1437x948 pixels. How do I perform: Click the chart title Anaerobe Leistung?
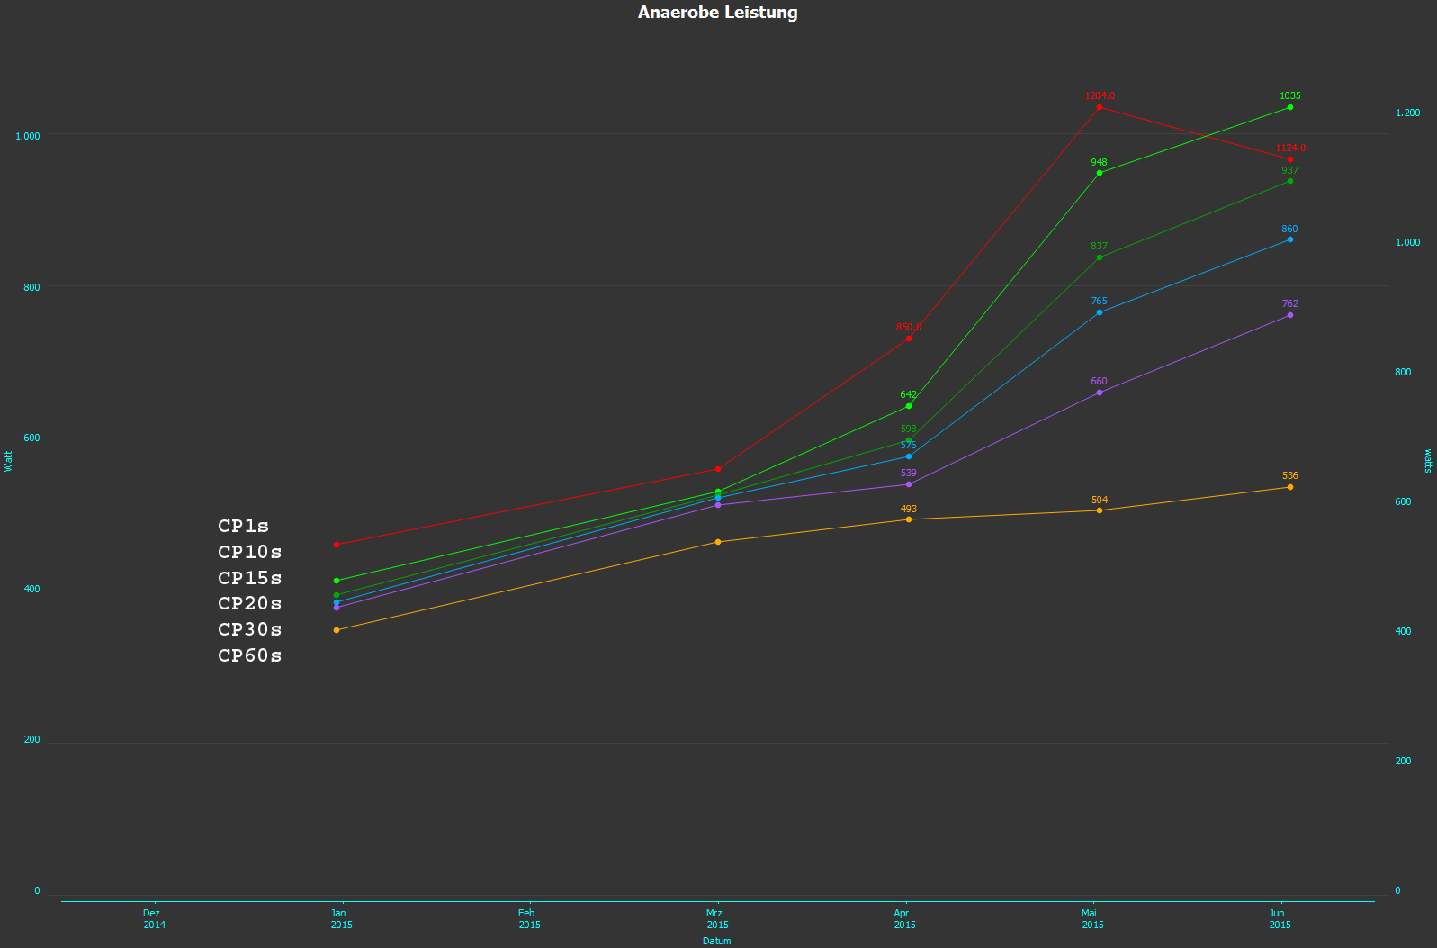(717, 13)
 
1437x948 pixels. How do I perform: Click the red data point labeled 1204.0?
(1099, 107)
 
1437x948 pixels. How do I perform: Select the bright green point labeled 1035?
(1289, 107)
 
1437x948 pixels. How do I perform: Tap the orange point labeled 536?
(1289, 487)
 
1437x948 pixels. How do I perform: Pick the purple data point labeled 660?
(1099, 393)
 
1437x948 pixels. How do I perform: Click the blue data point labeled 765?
(1099, 312)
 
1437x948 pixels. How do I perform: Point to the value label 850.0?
(908, 328)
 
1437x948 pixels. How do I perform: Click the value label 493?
(908, 509)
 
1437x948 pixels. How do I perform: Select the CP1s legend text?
(243, 526)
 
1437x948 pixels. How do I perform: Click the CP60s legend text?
(249, 655)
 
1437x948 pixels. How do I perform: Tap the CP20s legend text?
(249, 603)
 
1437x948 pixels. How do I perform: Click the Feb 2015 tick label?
(529, 918)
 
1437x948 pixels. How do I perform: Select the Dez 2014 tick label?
(154, 918)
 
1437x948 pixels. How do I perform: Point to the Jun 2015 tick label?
(1279, 918)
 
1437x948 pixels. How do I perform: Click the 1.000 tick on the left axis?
(28, 136)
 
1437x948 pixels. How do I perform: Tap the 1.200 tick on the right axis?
(1407, 113)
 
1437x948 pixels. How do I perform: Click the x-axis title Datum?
(716, 941)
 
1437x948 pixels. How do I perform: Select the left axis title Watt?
(9, 461)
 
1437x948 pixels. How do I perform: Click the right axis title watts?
(1427, 461)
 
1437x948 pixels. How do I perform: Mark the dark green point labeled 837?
(1099, 257)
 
